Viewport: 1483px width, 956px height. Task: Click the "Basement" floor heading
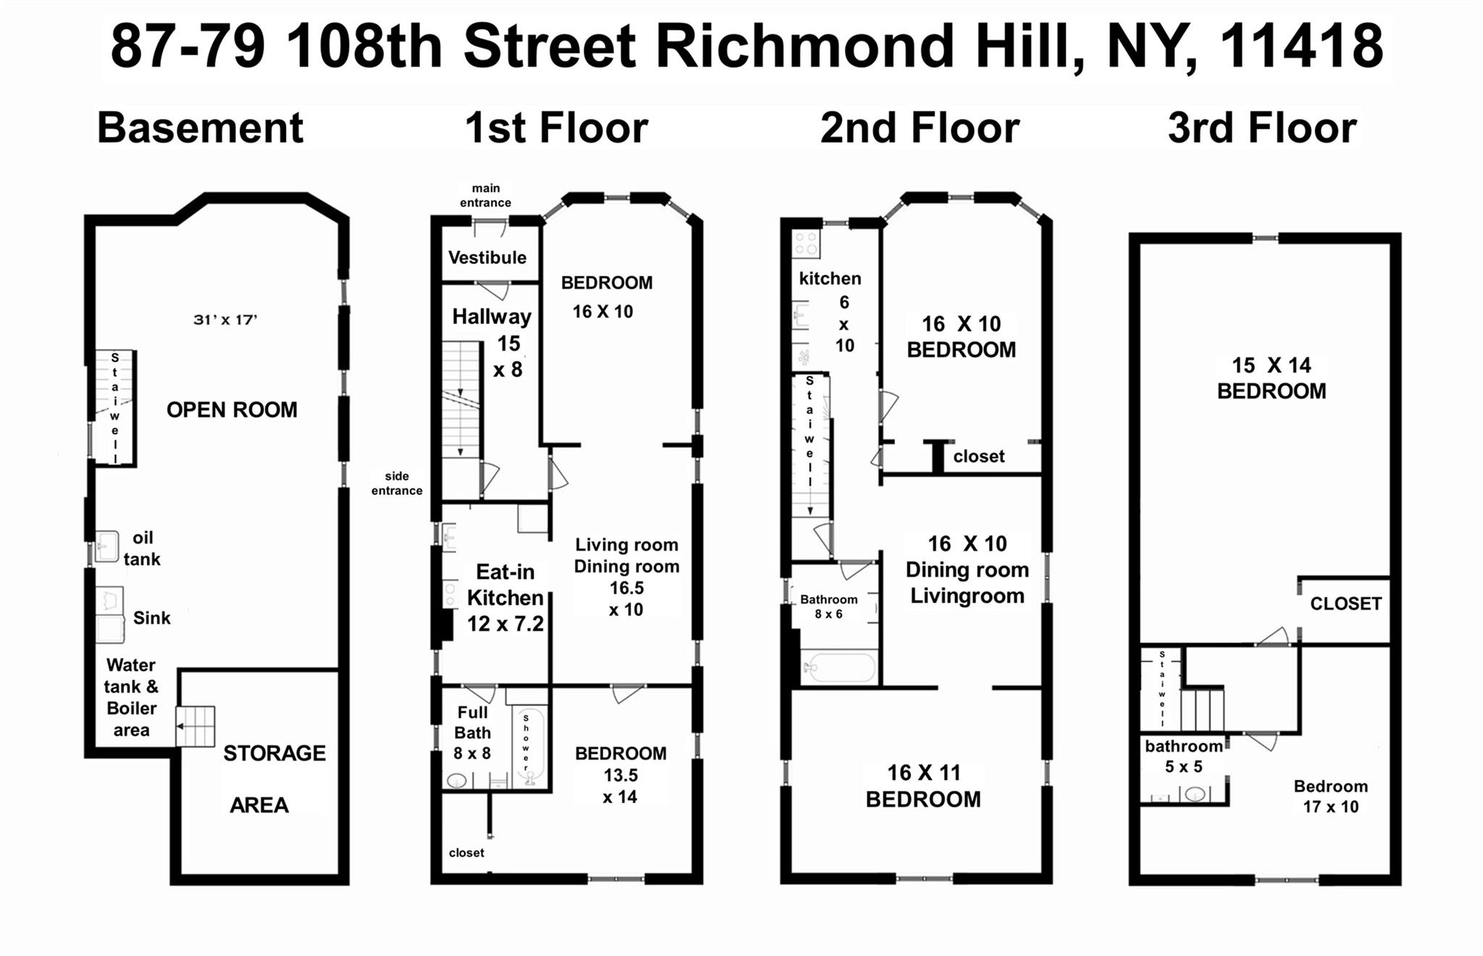point(200,128)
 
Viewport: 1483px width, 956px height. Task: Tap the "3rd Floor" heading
point(1261,128)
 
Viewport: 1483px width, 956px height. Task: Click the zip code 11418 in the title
point(1301,46)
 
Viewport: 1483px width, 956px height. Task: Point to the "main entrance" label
point(485,196)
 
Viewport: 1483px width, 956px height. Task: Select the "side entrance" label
point(397,483)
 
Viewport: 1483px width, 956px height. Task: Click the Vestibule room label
point(487,257)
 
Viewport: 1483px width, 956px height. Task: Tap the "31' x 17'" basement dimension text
point(225,319)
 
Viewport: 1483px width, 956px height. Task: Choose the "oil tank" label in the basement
point(142,548)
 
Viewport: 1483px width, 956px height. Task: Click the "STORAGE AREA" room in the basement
point(268,779)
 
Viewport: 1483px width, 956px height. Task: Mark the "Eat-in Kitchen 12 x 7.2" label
point(505,597)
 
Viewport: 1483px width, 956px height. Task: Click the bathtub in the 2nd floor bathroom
point(840,667)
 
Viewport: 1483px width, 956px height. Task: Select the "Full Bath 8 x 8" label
point(472,732)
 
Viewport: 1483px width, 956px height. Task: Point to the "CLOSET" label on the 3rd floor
point(1345,603)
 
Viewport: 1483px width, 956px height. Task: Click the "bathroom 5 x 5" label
point(1183,755)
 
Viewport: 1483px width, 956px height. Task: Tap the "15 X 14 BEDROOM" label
point(1271,378)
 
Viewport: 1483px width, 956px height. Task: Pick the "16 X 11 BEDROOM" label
point(923,786)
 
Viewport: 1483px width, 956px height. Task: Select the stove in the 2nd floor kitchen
point(806,244)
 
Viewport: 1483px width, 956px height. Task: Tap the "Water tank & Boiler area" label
point(131,697)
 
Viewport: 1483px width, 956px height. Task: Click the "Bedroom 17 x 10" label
point(1330,796)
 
